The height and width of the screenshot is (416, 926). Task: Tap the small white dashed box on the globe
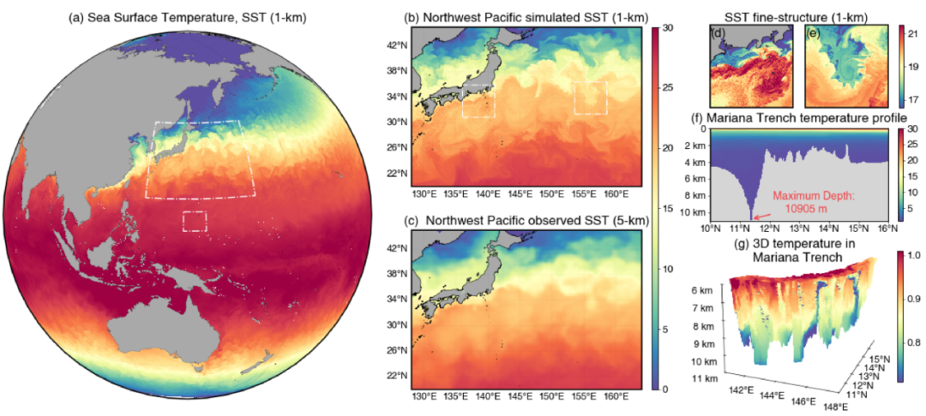pos(195,221)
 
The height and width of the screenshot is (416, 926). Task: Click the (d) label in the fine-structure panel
pos(719,35)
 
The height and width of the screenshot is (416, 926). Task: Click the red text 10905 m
pos(805,210)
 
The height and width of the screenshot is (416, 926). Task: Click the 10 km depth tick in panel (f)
pos(692,211)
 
